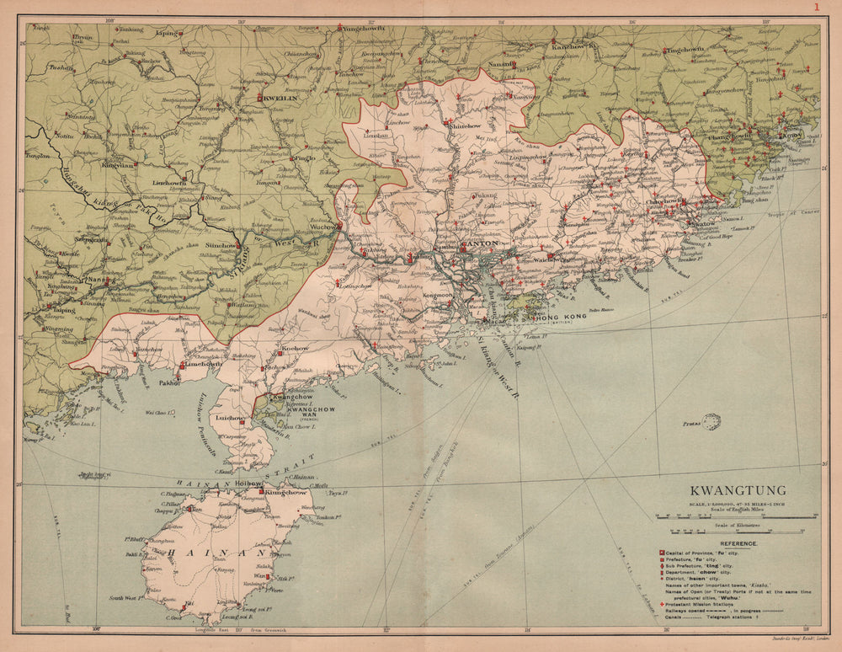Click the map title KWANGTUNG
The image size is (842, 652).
point(738,490)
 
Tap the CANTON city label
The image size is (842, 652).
point(479,244)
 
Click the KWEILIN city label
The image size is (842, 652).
point(282,98)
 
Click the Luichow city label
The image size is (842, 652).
point(230,417)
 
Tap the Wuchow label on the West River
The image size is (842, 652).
point(324,227)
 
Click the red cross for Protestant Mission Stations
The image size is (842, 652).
point(662,605)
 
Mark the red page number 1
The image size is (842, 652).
point(815,8)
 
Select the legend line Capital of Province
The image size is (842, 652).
point(699,553)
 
